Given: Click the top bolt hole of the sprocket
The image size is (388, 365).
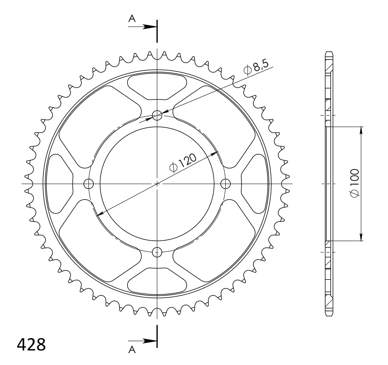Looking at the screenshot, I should pos(157,115).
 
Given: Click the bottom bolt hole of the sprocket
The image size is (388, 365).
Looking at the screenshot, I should pos(157,252).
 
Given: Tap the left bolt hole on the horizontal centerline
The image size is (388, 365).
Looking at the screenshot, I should pos(89,183).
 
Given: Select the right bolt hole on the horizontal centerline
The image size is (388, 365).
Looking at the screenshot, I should pos(225,183).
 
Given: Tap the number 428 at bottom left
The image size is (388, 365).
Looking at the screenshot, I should pos(31,344).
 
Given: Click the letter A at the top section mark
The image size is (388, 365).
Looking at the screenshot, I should pos(132,19).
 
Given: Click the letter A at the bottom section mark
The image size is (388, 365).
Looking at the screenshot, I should pos(132,350).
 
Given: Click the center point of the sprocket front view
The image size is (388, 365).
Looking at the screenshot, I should pos(157,183).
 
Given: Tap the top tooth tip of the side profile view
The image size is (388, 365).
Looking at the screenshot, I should pos(329,53).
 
